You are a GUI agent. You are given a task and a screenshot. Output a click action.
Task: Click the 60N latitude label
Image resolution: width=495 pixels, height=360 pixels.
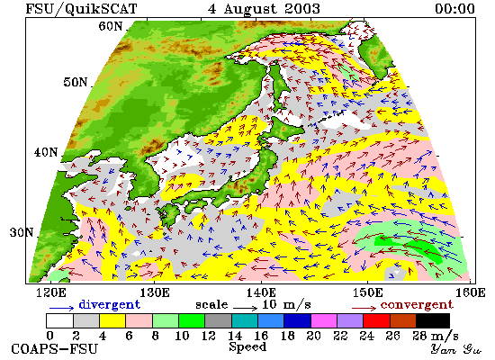point(110,26)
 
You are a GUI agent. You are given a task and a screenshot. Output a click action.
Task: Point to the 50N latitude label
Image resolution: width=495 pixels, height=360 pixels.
point(75,82)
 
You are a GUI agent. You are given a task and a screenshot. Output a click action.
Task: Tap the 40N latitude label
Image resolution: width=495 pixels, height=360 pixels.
point(46,152)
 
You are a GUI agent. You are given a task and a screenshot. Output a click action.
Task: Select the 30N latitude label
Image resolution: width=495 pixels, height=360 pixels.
point(22,232)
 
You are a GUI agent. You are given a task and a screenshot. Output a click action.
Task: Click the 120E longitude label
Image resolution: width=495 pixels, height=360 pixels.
point(51,292)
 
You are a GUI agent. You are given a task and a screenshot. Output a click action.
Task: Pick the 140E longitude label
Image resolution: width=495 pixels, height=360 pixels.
point(261,292)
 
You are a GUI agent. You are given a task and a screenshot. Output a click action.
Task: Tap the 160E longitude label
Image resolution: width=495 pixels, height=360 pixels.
point(471,292)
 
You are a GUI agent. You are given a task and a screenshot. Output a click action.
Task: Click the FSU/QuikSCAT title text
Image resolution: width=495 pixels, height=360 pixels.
point(81,9)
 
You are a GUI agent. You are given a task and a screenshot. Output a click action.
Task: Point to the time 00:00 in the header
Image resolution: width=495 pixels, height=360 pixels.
point(454,9)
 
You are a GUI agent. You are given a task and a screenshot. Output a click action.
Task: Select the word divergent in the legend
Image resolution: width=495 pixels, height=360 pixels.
point(109,305)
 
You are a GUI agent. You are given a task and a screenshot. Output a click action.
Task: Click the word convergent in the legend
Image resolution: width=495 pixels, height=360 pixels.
point(417,305)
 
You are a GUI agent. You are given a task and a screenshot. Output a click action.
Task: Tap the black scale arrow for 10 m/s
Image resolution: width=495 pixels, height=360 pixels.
point(246,307)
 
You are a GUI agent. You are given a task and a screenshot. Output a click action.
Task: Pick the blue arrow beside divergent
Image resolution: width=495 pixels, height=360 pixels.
point(61,307)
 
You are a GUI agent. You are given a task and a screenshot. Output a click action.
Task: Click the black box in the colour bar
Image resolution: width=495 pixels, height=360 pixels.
point(433,320)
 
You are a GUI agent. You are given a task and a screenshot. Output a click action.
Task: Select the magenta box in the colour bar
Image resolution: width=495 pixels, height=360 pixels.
point(324,320)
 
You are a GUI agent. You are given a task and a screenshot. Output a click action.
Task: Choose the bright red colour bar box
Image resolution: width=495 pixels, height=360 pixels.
point(376,320)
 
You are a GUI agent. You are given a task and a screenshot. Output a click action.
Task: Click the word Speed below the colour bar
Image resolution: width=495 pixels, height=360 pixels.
point(247,346)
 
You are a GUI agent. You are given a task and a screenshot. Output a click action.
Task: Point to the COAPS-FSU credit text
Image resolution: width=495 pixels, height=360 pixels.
point(54,349)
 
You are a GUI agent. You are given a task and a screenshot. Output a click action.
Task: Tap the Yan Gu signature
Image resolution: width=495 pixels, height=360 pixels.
point(456,349)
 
